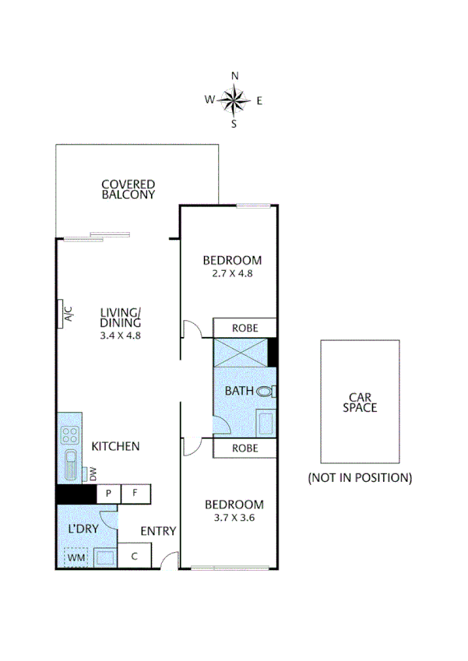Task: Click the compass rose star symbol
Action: click(234, 99)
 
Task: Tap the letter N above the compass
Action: click(234, 76)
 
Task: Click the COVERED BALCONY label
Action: click(128, 190)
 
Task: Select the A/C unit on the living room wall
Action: click(67, 314)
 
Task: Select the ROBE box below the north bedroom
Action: click(245, 328)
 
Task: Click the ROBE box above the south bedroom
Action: click(245, 448)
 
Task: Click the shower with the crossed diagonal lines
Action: click(241, 352)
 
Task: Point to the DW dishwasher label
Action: click(92, 473)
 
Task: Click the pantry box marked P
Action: click(108, 494)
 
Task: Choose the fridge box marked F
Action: click(135, 494)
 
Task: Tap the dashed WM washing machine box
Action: click(76, 557)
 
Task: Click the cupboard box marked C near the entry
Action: click(134, 556)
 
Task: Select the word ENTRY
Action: click(157, 531)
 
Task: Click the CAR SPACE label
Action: click(361, 402)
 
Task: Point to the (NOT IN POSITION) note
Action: click(360, 477)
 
